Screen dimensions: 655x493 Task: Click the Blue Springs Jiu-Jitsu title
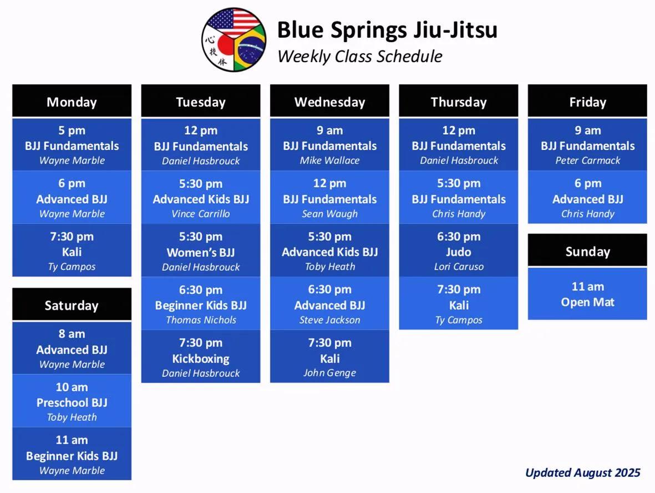tap(387, 30)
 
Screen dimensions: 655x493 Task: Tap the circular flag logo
tap(233, 40)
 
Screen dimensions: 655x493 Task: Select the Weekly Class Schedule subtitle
tap(359, 57)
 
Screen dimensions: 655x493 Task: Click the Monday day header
tap(72, 101)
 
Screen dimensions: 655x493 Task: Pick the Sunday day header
tap(587, 251)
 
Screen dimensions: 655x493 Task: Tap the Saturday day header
tap(72, 305)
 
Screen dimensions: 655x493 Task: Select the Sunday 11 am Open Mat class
tap(587, 294)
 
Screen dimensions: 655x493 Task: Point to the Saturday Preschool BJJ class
tap(72, 401)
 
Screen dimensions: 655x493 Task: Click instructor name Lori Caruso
tap(459, 267)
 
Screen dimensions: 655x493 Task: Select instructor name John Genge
tap(329, 373)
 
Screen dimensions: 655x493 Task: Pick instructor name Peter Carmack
tap(588, 160)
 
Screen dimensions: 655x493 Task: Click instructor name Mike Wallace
tap(329, 160)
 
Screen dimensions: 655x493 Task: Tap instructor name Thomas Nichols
tap(201, 320)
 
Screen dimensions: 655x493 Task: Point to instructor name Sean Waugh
tap(329, 214)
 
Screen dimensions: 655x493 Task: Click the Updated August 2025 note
tap(583, 472)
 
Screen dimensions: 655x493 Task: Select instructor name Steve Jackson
tap(329, 320)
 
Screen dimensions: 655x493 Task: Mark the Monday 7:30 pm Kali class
tap(72, 250)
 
